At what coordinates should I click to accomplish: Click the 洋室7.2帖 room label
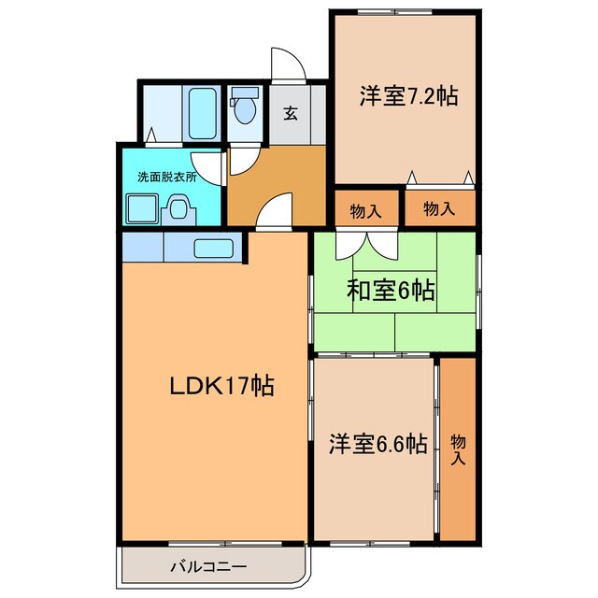coord(407,95)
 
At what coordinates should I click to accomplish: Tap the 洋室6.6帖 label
coord(377,444)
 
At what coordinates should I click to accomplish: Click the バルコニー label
coord(208,566)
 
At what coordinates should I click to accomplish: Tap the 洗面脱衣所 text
coord(160,176)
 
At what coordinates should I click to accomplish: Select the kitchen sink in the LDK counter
coord(213,249)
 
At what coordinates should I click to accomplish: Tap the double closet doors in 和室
coord(365,245)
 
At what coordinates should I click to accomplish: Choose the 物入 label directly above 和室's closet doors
coord(365,210)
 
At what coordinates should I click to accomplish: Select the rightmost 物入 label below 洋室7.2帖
coord(438,209)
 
